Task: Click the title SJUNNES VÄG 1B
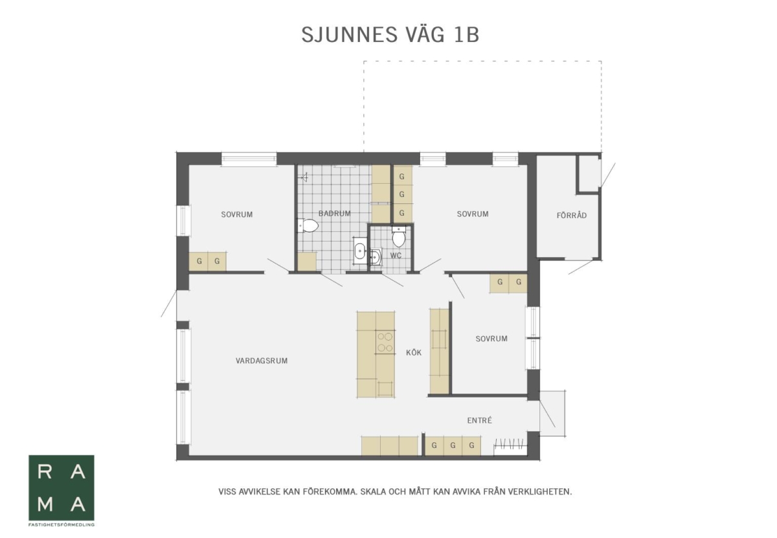coord(390,35)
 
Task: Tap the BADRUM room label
coord(334,214)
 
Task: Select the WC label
coord(396,256)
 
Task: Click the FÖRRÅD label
coord(572,216)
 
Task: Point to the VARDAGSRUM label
coord(262,361)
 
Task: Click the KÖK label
coord(414,352)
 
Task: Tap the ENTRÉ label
coord(479,420)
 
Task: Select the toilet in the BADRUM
coord(308,225)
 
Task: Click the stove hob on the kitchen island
coord(385,342)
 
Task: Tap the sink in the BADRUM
coord(360,251)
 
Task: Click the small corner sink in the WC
coord(375,256)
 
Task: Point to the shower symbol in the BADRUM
coord(304,177)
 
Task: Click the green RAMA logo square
coord(62,488)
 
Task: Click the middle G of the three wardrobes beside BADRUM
coord(401,194)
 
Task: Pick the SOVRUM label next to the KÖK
coord(491,339)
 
